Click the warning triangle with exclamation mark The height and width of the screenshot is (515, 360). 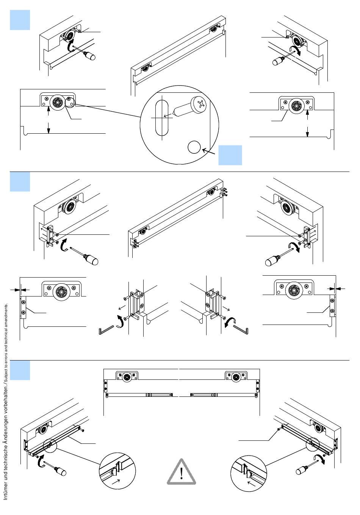tap(181, 472)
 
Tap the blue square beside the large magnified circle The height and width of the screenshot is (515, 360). tap(230, 155)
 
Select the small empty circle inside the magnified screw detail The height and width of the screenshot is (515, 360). tap(194, 147)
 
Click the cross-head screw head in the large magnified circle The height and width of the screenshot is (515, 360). tap(200, 104)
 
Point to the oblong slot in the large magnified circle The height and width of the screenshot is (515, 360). tap(162, 118)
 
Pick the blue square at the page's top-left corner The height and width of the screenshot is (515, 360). tap(20, 20)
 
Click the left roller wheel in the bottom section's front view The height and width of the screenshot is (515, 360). tap(127, 383)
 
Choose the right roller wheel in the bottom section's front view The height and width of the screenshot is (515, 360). tap(236, 383)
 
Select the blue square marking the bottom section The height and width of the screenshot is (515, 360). tap(20, 370)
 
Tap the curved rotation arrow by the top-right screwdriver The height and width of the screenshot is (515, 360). tap(296, 50)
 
